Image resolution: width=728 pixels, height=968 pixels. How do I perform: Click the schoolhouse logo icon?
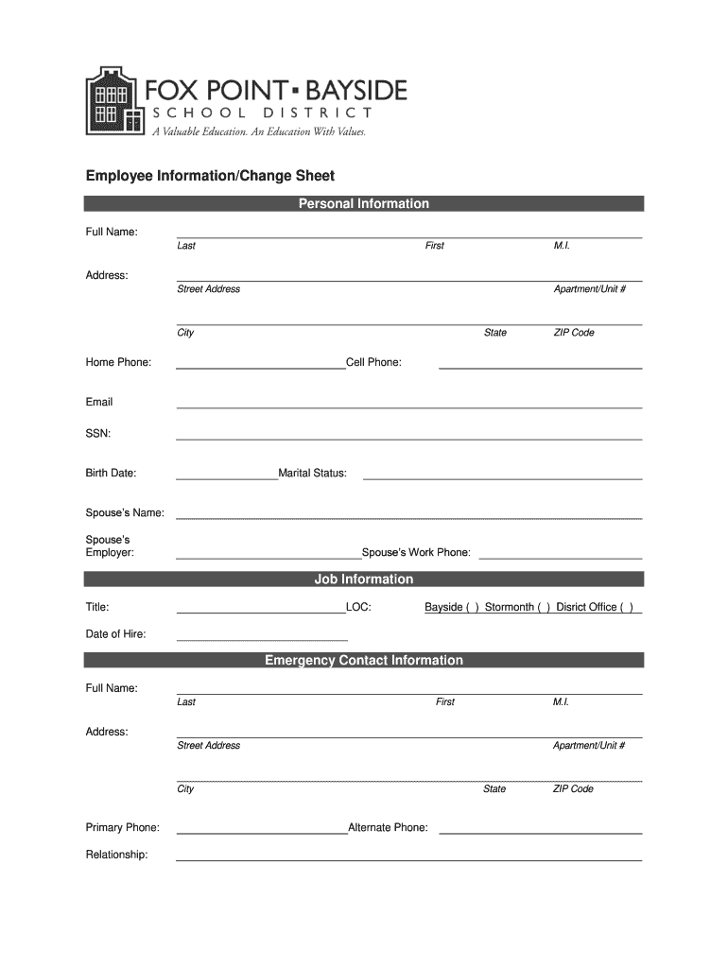(x=113, y=102)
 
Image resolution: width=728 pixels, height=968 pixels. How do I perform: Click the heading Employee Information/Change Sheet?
(x=210, y=176)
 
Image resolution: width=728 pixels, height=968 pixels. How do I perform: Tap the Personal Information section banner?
(x=364, y=203)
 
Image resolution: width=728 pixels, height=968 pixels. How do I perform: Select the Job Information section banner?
(x=364, y=579)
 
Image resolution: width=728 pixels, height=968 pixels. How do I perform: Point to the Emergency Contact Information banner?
(x=364, y=660)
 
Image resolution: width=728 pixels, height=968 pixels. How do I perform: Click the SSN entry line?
(x=408, y=437)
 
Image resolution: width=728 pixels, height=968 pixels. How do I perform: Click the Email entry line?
(x=408, y=406)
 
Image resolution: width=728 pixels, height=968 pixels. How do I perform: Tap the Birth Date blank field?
(x=227, y=477)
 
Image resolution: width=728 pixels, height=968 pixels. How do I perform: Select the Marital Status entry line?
(x=502, y=477)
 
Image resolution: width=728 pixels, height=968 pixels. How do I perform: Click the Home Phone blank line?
(x=261, y=366)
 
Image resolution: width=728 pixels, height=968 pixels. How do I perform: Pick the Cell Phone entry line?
(x=541, y=366)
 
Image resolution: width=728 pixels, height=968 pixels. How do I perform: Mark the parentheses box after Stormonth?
(x=545, y=608)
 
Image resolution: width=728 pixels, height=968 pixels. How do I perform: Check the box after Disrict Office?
(x=627, y=608)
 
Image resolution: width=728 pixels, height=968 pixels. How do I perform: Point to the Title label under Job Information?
(x=97, y=607)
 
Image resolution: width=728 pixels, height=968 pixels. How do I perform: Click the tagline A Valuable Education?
(x=259, y=132)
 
